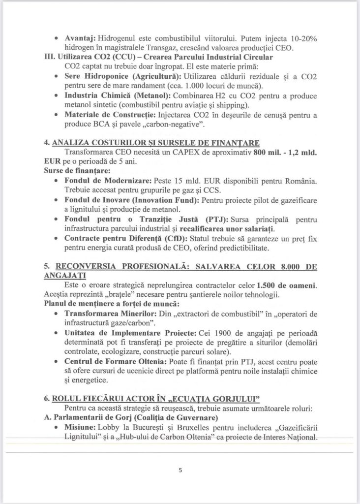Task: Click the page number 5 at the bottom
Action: click(x=180, y=470)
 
